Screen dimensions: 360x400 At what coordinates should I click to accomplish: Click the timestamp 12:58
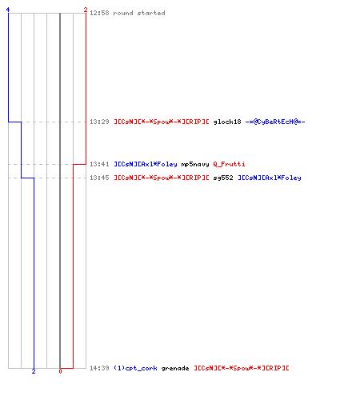[x=99, y=13]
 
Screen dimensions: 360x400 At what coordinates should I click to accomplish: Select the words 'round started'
[x=139, y=13]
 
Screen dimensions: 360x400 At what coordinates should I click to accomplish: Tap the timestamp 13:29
[x=99, y=122]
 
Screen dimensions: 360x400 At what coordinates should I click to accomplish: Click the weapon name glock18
[x=227, y=122]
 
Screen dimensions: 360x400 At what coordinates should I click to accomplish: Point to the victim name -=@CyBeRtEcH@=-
[x=275, y=122]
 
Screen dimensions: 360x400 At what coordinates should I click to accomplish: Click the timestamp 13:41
[x=99, y=164]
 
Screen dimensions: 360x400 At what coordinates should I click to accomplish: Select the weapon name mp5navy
[x=195, y=164]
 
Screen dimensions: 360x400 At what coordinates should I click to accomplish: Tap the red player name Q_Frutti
[x=229, y=164]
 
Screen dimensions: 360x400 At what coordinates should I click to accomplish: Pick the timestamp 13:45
[x=99, y=178]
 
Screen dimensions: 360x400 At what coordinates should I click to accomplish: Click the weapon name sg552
[x=223, y=178]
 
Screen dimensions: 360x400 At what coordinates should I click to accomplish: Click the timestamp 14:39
[x=99, y=368]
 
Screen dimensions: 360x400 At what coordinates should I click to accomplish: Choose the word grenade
[x=175, y=368]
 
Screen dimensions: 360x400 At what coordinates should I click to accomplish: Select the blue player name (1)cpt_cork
[x=135, y=368]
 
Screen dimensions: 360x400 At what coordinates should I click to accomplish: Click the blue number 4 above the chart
[x=8, y=10]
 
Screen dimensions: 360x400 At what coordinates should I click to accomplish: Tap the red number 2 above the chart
[x=86, y=10]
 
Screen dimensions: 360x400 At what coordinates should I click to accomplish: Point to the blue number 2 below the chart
[x=34, y=371]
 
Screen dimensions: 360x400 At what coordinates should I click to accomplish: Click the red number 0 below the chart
[x=60, y=371]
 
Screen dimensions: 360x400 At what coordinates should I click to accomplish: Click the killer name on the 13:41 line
[x=146, y=164]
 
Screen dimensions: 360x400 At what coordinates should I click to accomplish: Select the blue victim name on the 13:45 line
[x=270, y=178]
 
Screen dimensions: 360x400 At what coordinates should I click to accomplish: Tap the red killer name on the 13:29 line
[x=162, y=122]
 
